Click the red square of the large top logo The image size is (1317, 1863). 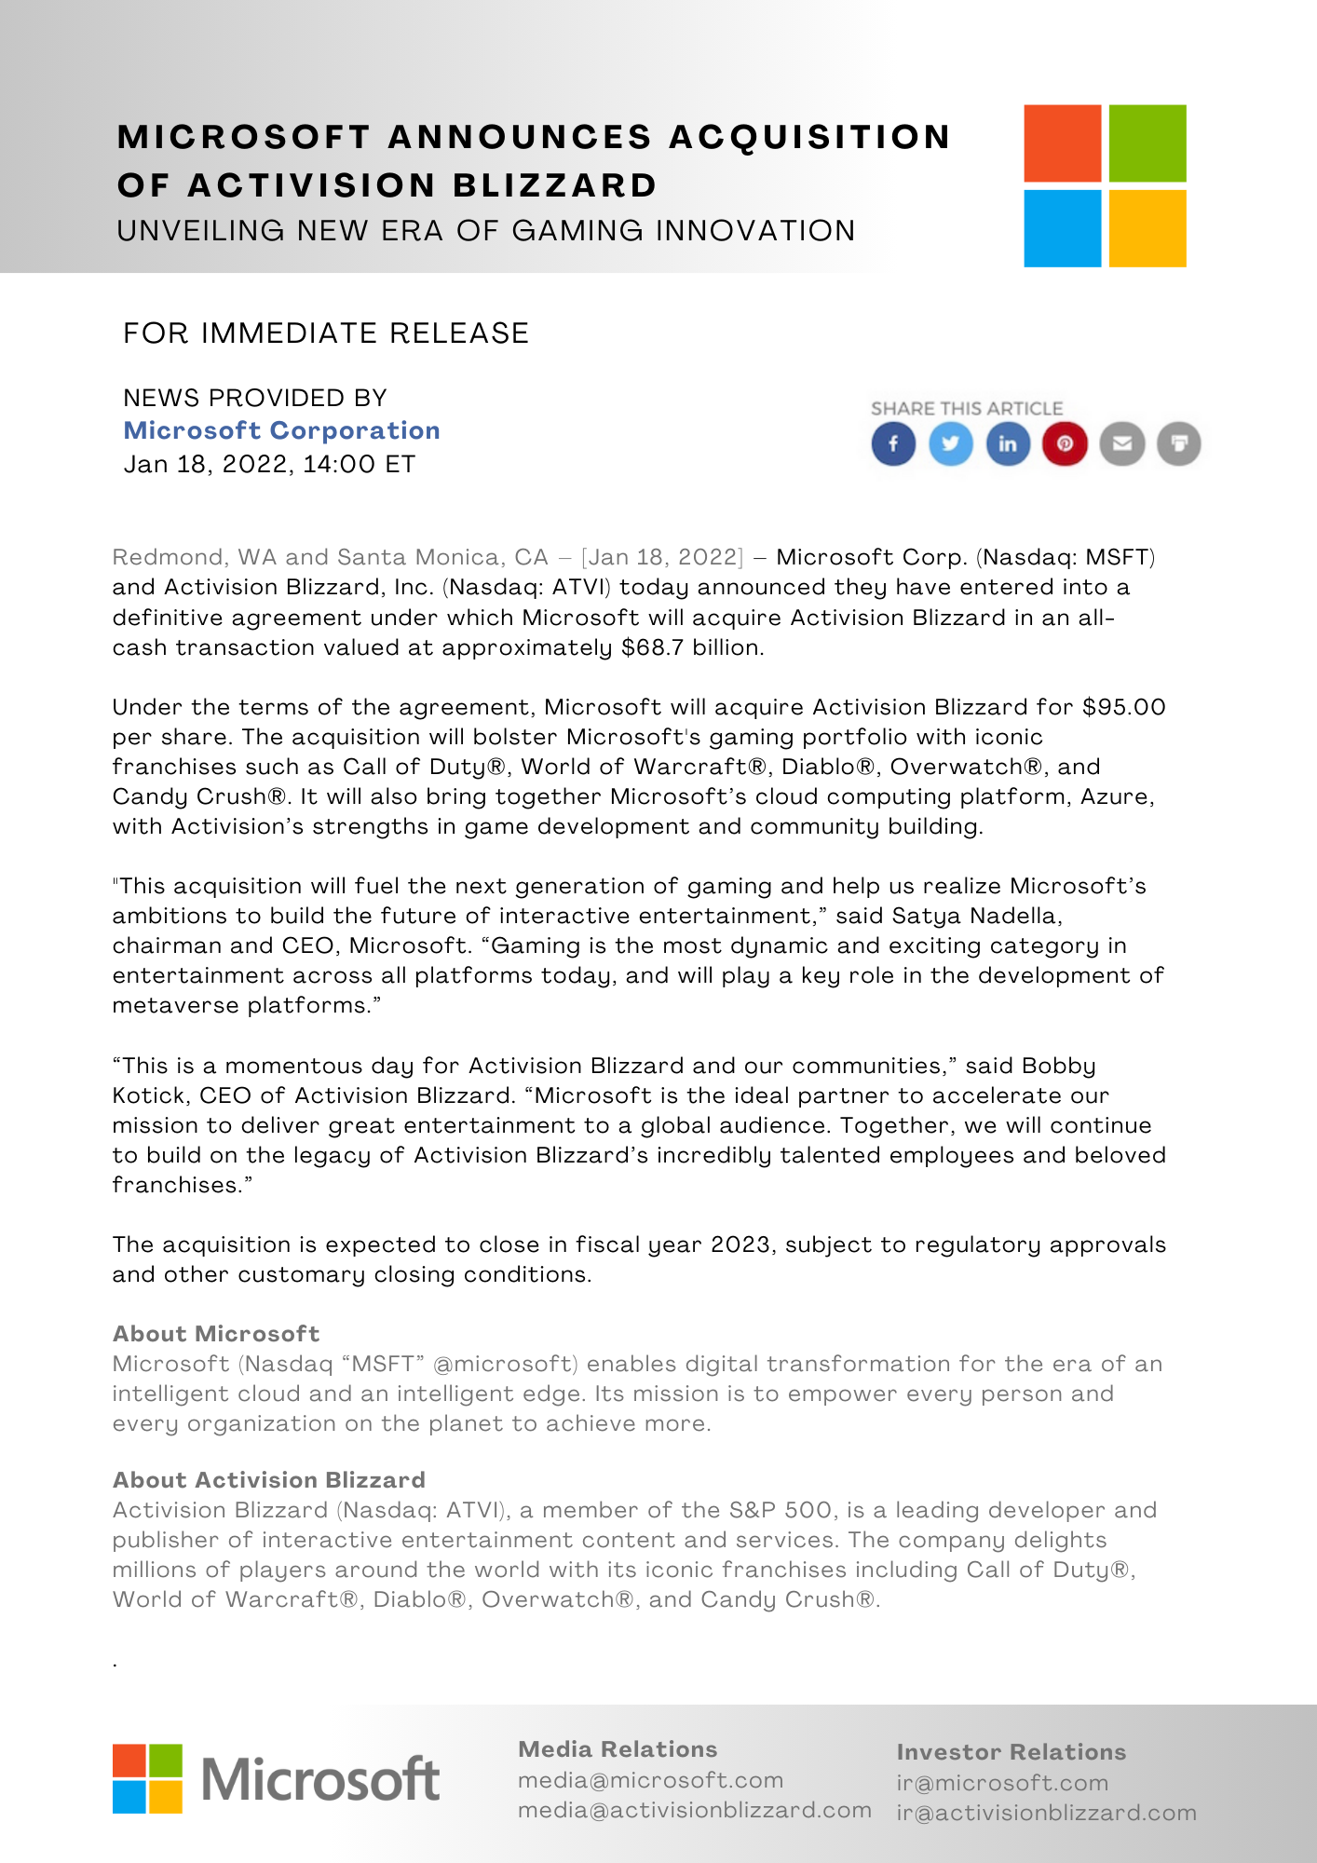coord(1062,143)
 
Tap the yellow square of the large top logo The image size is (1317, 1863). coord(1147,228)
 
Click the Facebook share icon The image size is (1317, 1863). coord(893,443)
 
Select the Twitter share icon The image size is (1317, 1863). coord(951,443)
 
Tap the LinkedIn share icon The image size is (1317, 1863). coord(1008,443)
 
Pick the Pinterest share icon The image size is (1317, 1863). coord(1065,443)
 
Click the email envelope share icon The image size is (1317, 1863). coord(1122,443)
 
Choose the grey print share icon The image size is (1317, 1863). coord(1179,443)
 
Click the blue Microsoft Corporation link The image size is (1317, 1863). coord(281,430)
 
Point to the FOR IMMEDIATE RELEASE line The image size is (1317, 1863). coord(326,333)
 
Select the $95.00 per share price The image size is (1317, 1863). coord(1123,707)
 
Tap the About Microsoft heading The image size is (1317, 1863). coord(216,1334)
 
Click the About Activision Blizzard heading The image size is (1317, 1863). coord(269,1480)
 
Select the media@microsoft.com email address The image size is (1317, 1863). coord(650,1780)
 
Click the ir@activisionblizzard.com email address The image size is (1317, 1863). coord(1046,1813)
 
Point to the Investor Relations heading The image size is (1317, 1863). coord(1012,1752)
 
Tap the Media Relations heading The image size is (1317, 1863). coord(618,1749)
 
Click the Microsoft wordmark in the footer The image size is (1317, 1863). coord(320,1779)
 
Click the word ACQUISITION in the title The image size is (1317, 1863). coord(809,137)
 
